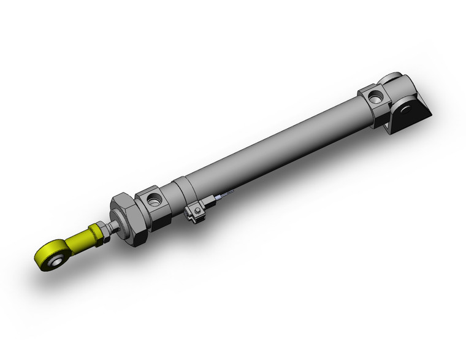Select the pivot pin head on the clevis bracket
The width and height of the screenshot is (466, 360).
[404, 110]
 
